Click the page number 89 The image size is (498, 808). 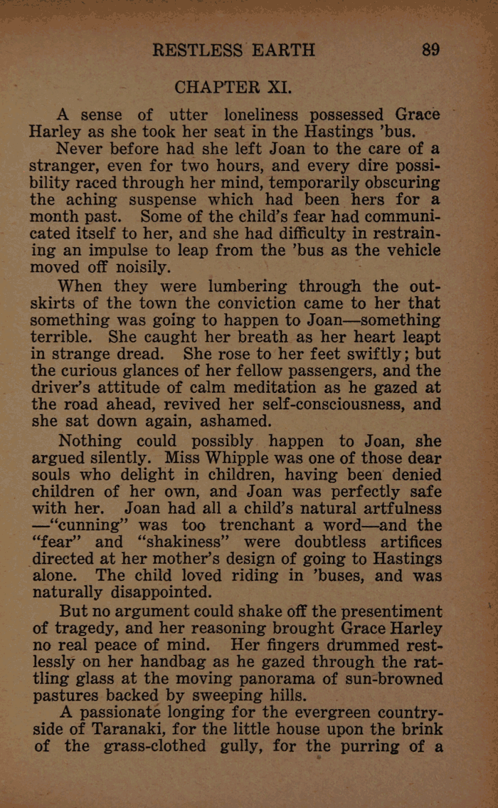pos(430,51)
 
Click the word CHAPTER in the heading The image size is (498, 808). pos(218,88)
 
